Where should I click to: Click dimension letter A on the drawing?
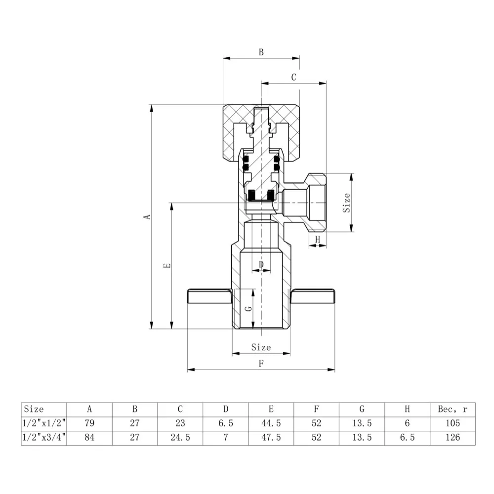[x=146, y=217]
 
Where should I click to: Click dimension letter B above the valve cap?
[x=261, y=51]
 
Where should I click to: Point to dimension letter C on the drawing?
[x=293, y=77]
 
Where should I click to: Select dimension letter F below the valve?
[x=261, y=364]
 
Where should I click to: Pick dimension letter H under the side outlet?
[x=318, y=239]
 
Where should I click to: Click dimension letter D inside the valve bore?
[x=261, y=265]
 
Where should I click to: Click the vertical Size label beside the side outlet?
[x=347, y=203]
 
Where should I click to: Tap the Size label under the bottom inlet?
[x=261, y=347]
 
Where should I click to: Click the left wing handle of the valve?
[x=209, y=296]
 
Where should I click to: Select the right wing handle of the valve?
[x=313, y=296]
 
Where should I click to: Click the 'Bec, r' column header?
[x=452, y=409]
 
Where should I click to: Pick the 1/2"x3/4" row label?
[x=44, y=437]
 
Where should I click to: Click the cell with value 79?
[x=89, y=423]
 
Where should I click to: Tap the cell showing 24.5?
[x=180, y=437]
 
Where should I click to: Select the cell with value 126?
[x=452, y=437]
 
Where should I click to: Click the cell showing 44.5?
[x=271, y=423]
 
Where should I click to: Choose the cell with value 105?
[x=452, y=423]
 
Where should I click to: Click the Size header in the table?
[x=34, y=409]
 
